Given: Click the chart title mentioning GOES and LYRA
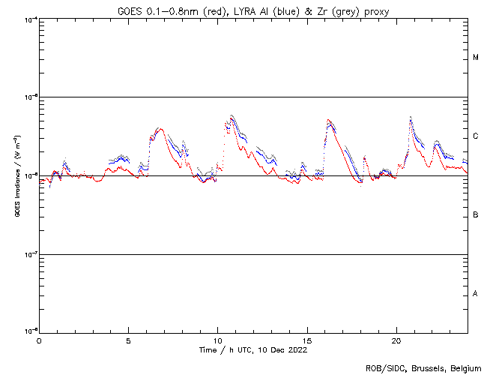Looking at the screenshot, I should coord(253,11).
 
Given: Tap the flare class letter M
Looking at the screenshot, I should coord(476,58).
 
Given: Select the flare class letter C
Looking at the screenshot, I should coord(476,136).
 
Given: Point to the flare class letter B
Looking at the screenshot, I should coord(476,215).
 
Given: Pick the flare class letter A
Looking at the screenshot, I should coord(476,293).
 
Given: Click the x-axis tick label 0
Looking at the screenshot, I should coord(39,340).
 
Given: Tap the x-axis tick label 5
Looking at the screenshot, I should coord(128,340).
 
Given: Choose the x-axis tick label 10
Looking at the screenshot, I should coord(217,340).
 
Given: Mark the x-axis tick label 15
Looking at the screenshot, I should coord(306,340).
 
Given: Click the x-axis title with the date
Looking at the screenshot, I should coord(253,350).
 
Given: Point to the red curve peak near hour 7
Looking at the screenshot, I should coord(159,128).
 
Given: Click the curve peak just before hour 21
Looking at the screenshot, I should coord(411,118).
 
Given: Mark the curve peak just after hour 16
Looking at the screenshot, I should coord(328,120).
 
